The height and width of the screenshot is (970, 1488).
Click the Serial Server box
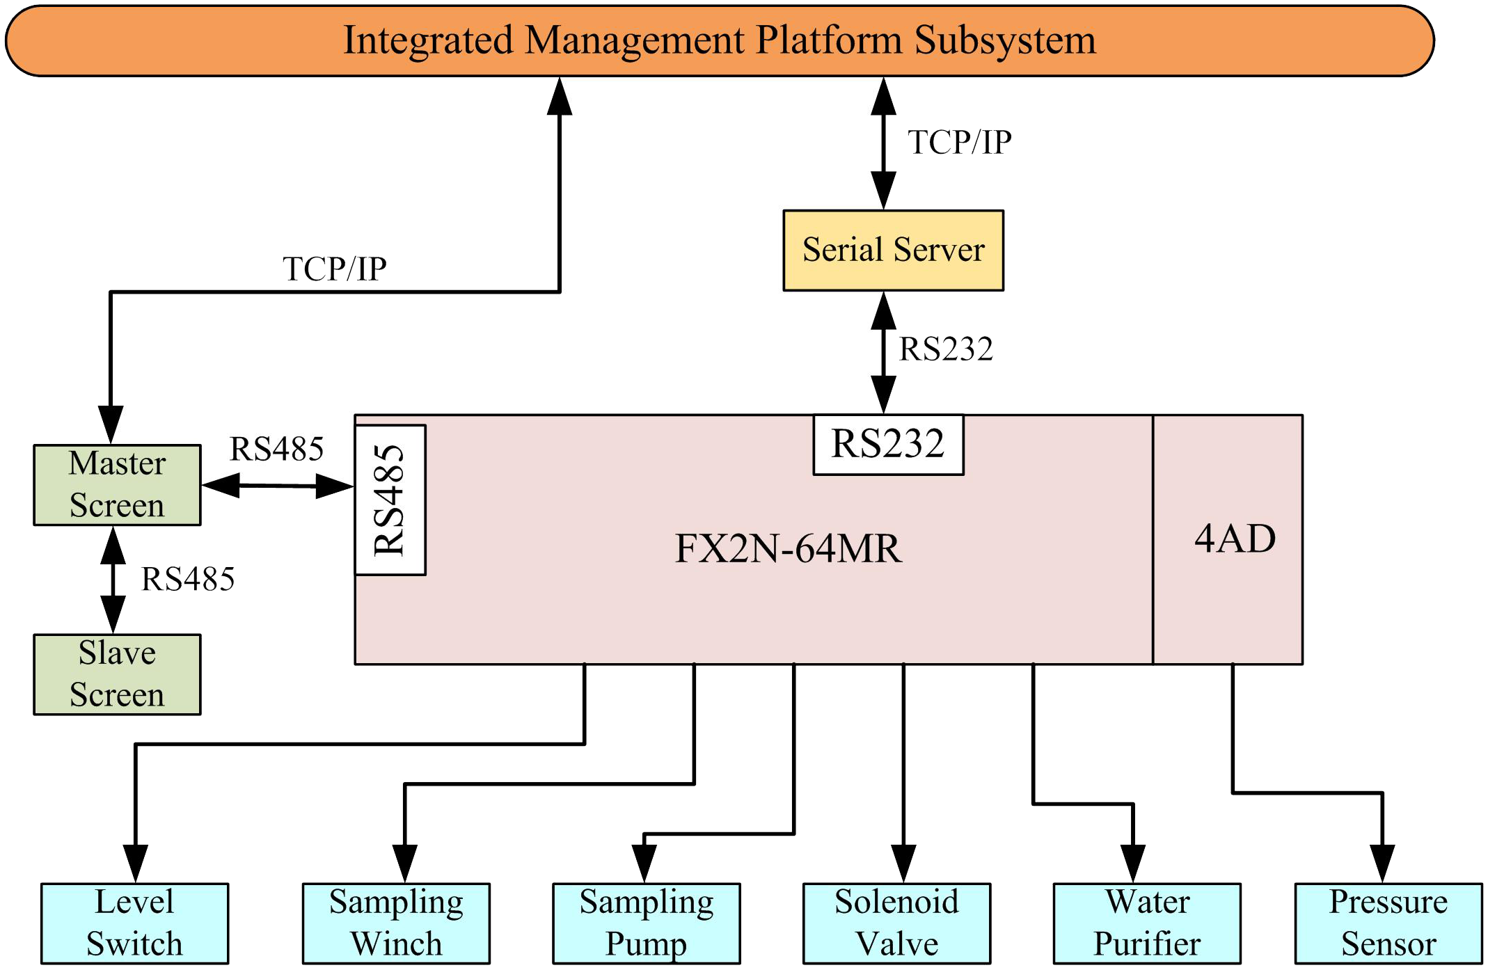tap(893, 250)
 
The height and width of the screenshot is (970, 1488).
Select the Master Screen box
tap(117, 485)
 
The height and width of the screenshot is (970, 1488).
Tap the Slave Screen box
tap(117, 674)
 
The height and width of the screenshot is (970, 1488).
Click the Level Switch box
tap(134, 923)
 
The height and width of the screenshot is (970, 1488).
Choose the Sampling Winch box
tap(396, 923)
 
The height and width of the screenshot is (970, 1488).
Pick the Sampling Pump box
tap(646, 923)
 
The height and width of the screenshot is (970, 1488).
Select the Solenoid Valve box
tap(896, 923)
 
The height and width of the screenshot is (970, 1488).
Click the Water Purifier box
tap(1147, 923)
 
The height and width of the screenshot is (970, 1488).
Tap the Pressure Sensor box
tap(1388, 923)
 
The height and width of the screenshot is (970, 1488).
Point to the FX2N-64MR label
tap(788, 548)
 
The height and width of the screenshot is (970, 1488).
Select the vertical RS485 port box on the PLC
tap(390, 500)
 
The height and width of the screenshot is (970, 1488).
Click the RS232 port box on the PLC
tap(888, 444)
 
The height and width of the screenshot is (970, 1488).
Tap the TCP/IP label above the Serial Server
tap(959, 143)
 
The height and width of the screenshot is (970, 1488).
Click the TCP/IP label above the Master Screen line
tap(334, 269)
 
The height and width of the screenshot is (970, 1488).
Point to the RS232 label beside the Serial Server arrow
tap(946, 349)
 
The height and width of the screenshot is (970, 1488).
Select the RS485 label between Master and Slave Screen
tap(188, 579)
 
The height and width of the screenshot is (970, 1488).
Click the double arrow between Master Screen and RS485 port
tap(277, 486)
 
